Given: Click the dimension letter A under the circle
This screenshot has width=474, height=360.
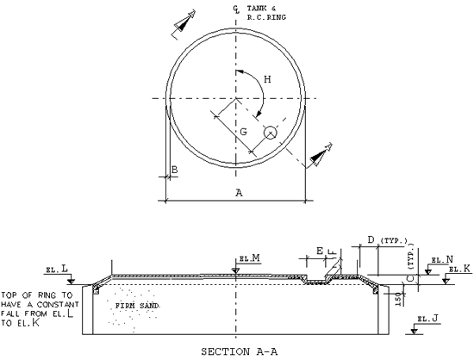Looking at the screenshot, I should [238, 193].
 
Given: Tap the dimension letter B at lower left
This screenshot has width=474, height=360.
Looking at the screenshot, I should [174, 171].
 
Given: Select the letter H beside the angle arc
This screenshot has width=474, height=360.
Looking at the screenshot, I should [267, 80].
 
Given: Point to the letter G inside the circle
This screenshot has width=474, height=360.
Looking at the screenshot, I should [245, 131].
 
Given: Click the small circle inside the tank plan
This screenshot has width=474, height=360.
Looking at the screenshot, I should [271, 133].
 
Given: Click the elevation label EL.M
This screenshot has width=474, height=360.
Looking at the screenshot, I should [250, 258].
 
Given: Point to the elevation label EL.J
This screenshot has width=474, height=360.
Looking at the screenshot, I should [428, 319].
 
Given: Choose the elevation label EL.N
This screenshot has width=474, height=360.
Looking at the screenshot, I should [441, 258].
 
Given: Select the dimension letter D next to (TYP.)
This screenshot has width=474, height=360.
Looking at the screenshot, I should [371, 239].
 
